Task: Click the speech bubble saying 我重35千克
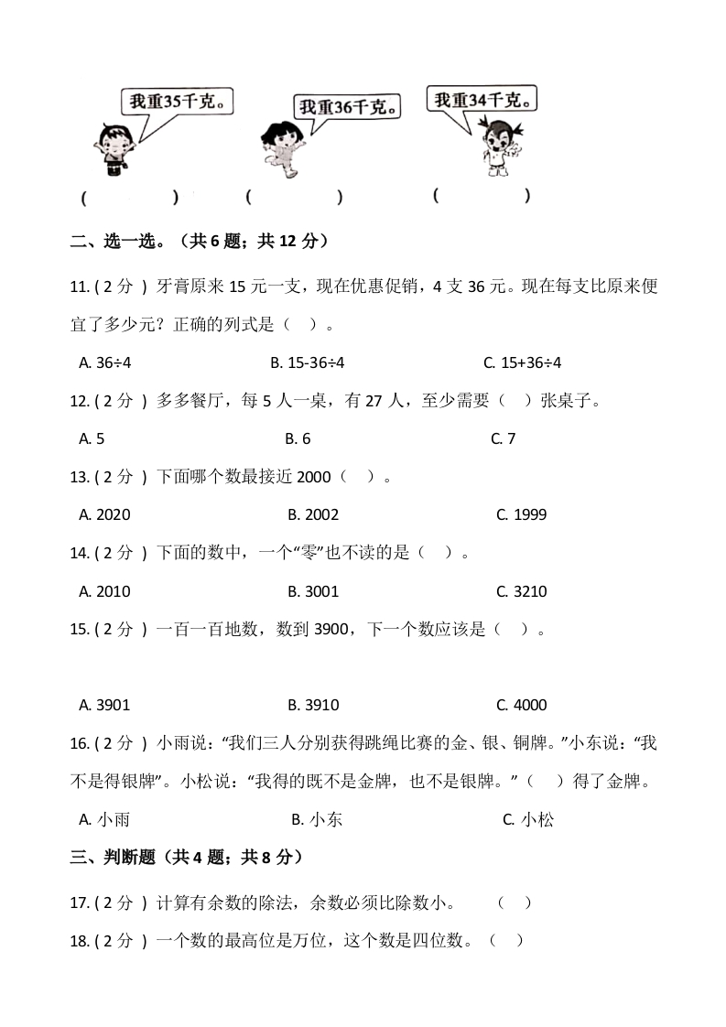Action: coord(175,103)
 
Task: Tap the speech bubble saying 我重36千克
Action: coord(347,107)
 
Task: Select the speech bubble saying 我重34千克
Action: coord(482,99)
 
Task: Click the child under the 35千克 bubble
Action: coord(114,146)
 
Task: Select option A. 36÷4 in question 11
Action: coord(106,362)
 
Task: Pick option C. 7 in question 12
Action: coord(504,438)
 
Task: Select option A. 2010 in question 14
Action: coord(105,591)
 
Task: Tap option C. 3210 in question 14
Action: coord(522,591)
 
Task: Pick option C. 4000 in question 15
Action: coord(522,705)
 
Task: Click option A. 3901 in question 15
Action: coord(105,705)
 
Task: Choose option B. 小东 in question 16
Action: coord(317,820)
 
